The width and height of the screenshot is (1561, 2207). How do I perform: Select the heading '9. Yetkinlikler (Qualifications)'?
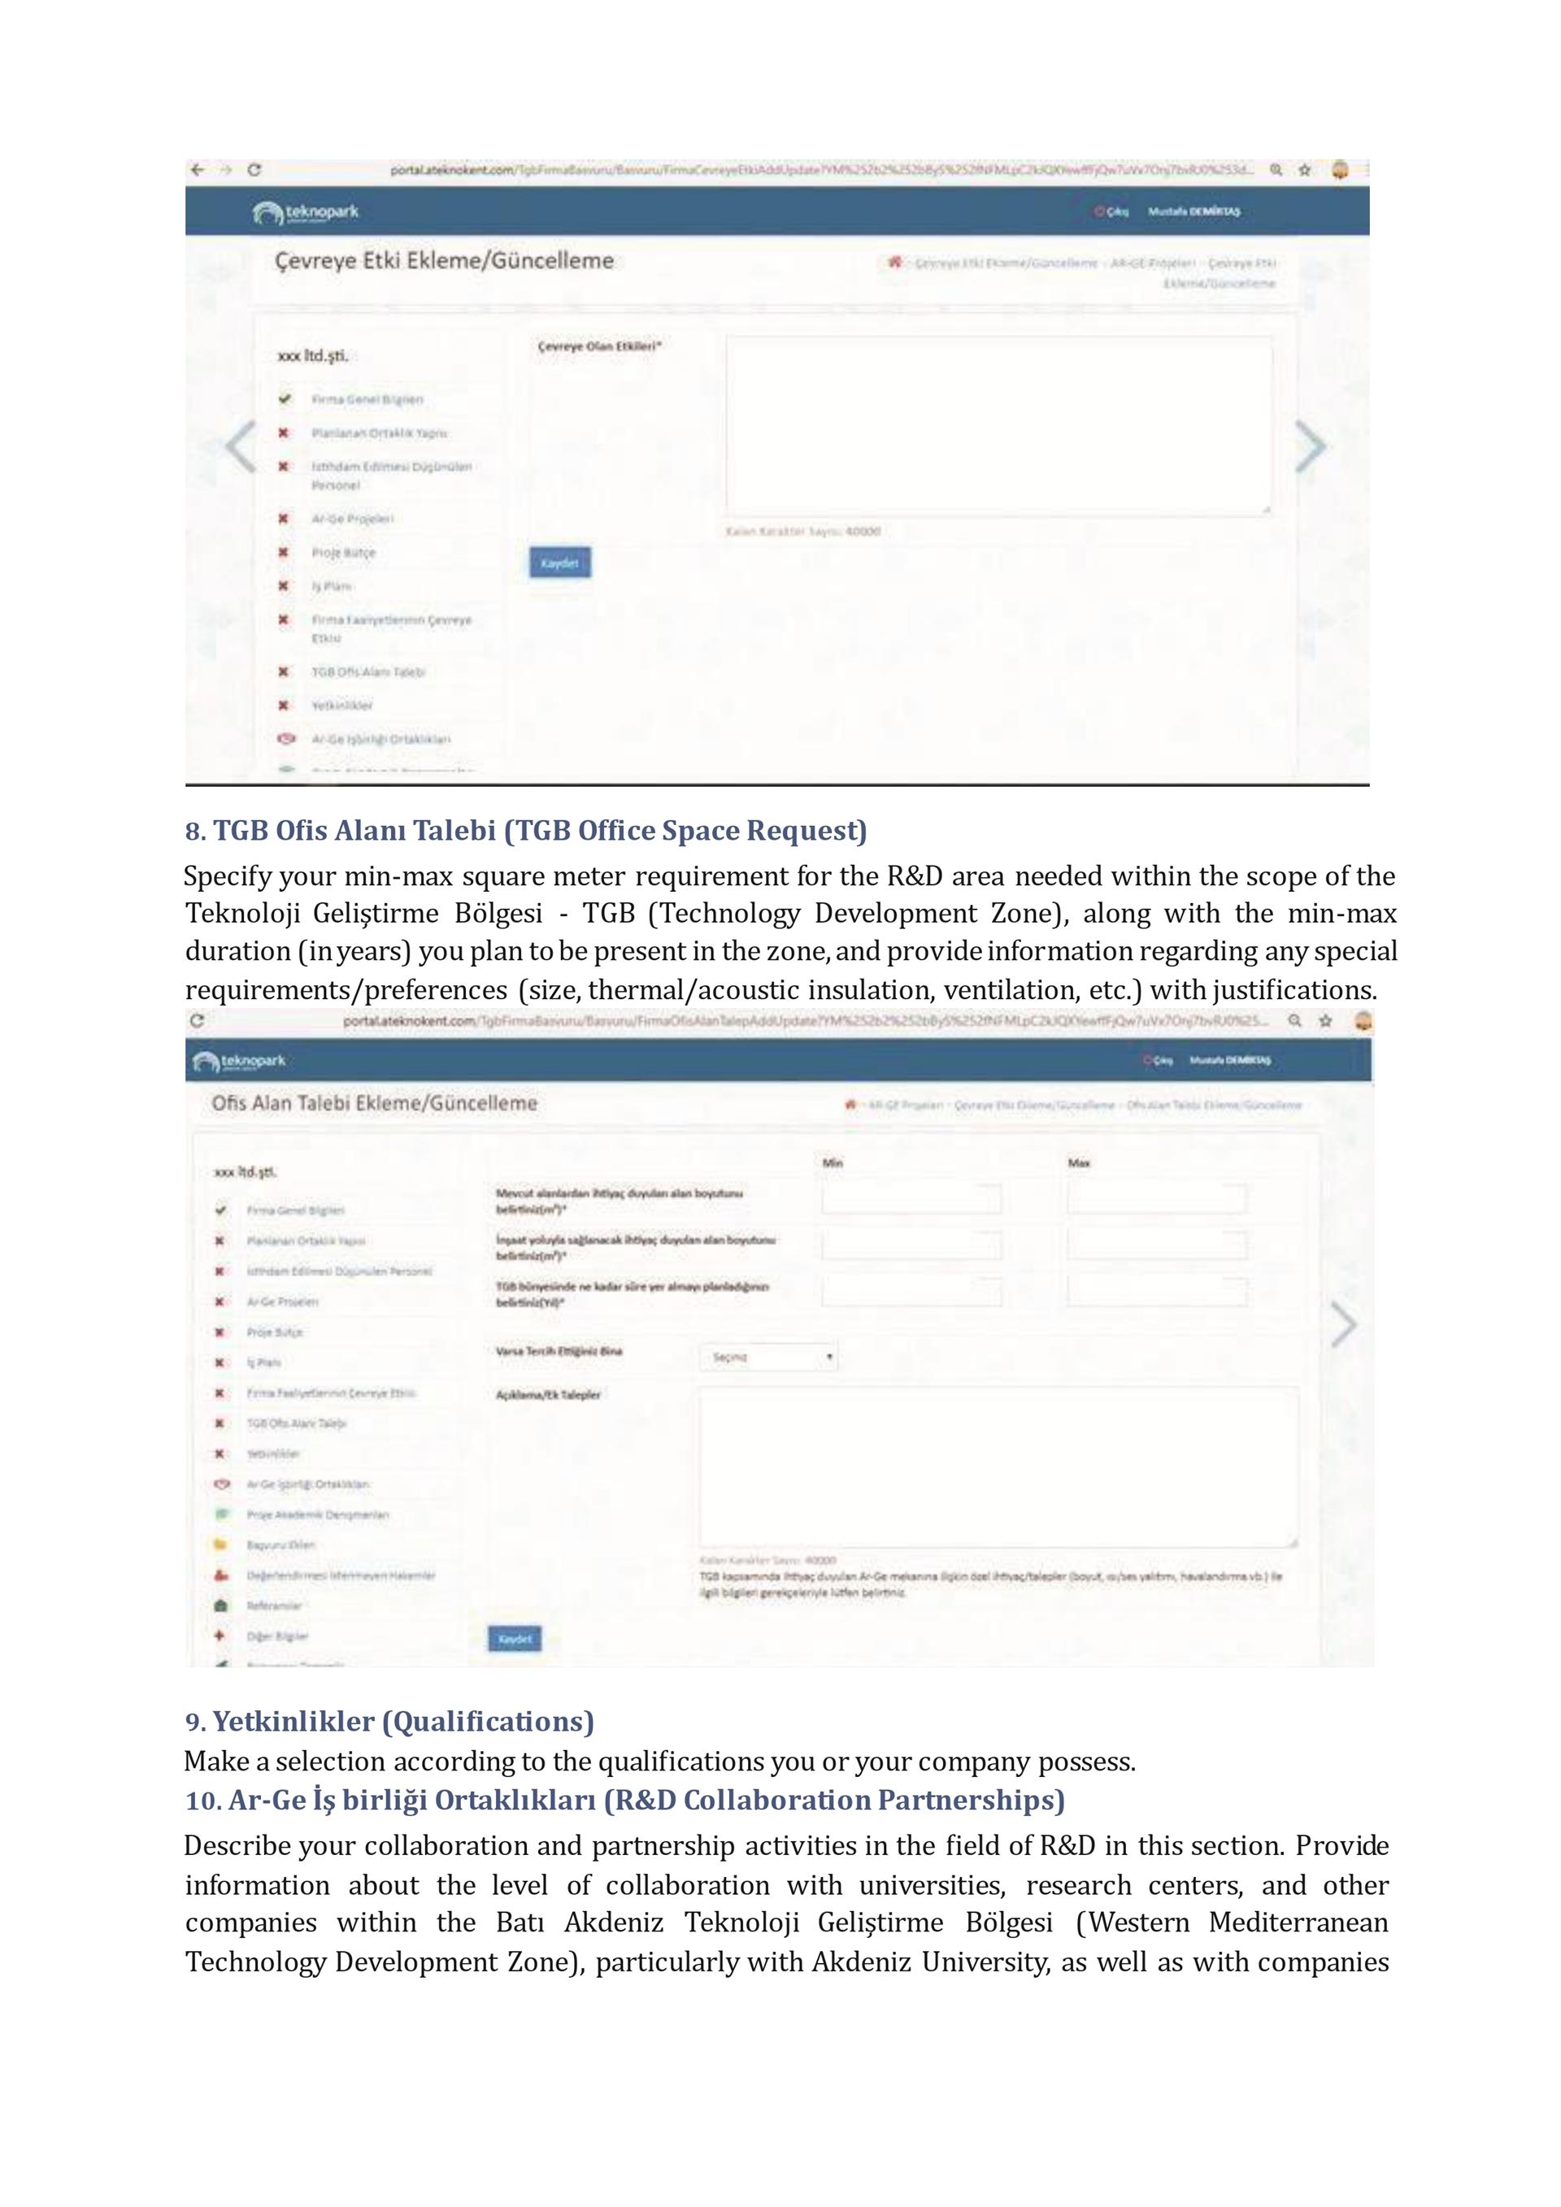389,1721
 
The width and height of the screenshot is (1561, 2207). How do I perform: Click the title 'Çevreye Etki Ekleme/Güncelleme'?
444,260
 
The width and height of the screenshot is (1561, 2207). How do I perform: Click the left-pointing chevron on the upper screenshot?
241,446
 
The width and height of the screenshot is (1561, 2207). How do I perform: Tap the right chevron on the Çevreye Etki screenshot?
1310,446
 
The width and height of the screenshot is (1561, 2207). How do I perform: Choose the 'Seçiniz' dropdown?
769,1356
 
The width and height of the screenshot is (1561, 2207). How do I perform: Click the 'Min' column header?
833,1163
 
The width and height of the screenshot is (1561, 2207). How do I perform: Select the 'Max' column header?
1079,1163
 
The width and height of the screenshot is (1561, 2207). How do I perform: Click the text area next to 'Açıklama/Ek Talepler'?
998,1466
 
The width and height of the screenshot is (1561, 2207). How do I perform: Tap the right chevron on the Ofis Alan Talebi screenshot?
1344,1324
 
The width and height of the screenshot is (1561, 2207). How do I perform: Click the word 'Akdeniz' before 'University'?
862,1961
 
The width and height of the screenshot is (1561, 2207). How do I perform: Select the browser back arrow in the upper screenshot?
197,170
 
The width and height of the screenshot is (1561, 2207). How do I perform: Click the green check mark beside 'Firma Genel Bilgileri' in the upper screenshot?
285,399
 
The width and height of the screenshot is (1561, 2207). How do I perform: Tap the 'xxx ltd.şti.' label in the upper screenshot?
312,356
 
